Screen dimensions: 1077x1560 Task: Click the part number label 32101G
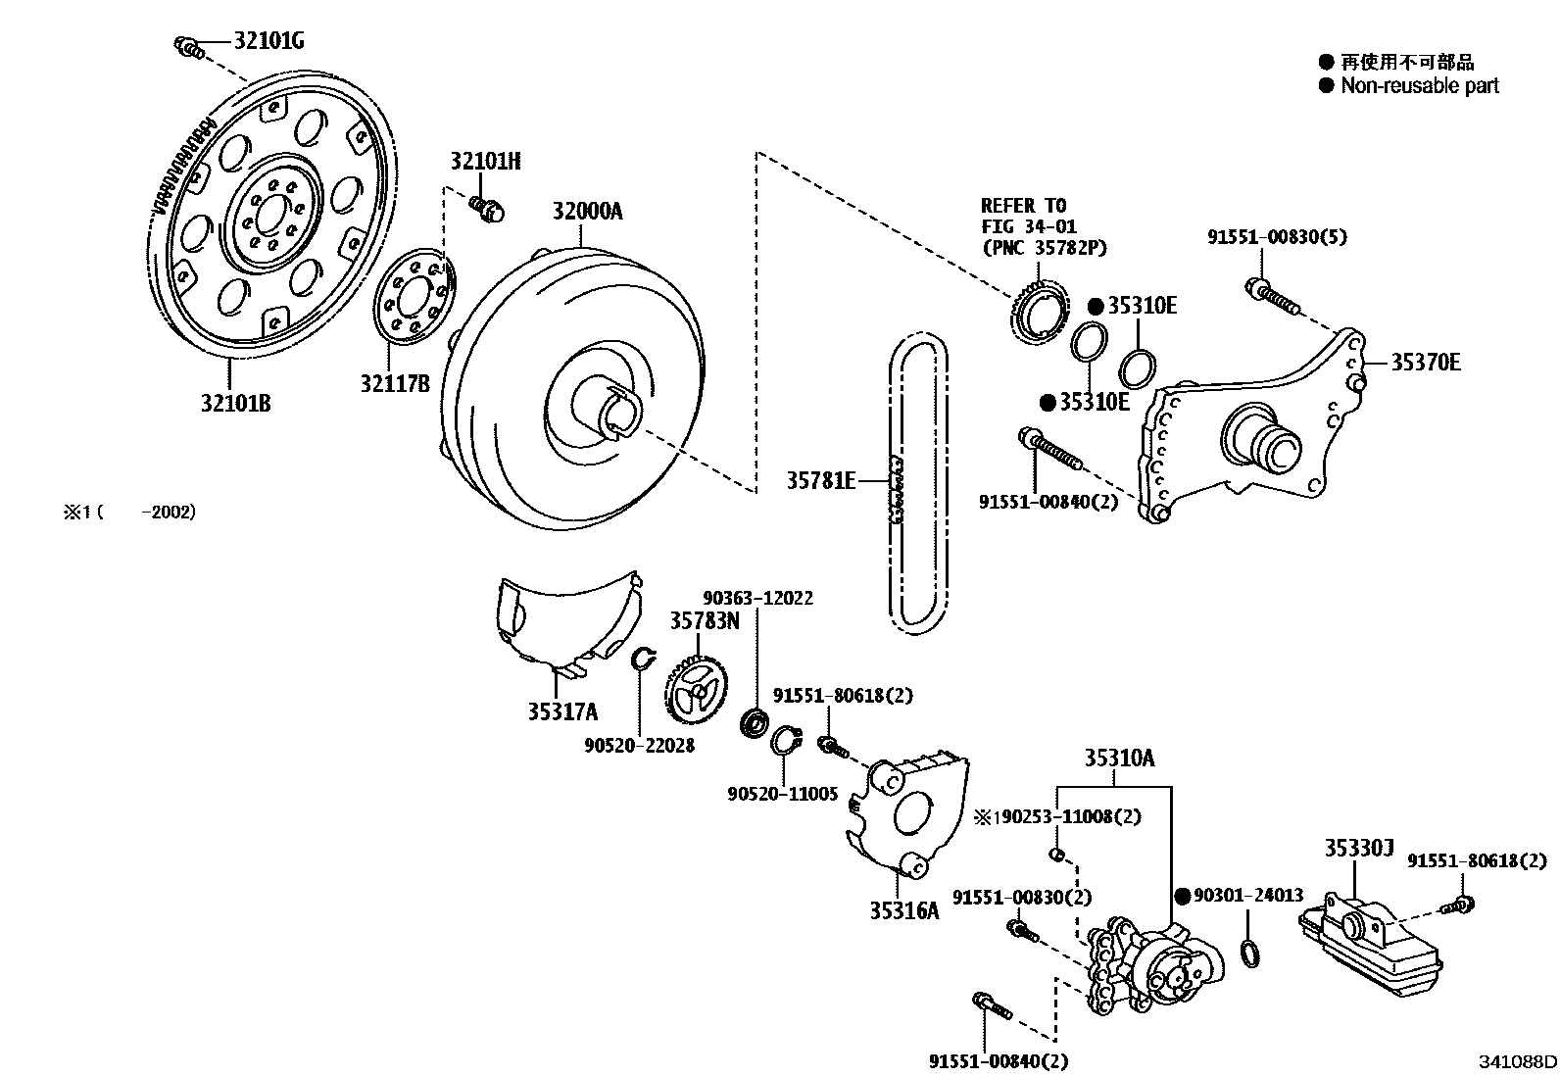coord(268,41)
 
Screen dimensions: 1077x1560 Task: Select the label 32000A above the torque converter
coord(586,212)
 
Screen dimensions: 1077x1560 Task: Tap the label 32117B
coord(394,383)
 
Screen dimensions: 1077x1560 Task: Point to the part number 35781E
coord(821,480)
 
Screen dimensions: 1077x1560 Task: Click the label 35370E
coord(1425,364)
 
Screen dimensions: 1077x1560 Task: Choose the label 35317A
coord(562,712)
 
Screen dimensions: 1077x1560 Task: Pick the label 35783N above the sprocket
coord(705,620)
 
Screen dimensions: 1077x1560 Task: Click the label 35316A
coord(903,910)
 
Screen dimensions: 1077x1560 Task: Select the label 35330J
coord(1358,850)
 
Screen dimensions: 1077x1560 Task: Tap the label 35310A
coord(1118,759)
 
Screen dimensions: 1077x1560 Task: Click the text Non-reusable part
coord(1419,86)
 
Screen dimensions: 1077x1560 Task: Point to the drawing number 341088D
coord(1518,1061)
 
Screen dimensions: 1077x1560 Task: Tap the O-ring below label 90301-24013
coord(1250,953)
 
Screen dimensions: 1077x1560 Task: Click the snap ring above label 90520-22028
coord(641,660)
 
